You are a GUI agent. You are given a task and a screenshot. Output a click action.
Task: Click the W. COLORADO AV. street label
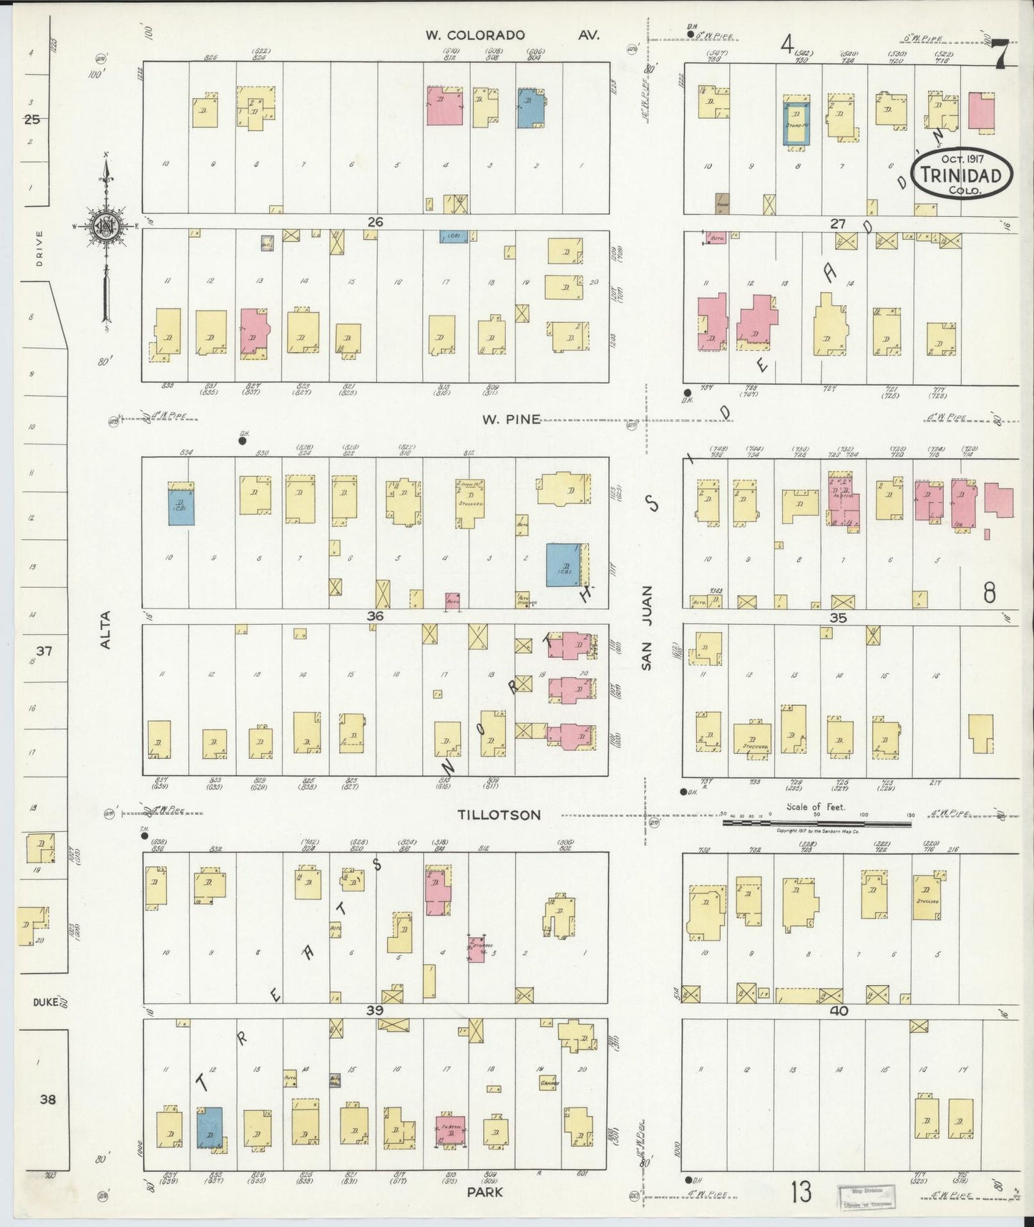[x=512, y=35]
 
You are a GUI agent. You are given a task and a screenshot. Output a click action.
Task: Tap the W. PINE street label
[x=510, y=419]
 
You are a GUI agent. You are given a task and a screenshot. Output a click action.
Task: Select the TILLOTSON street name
[x=499, y=815]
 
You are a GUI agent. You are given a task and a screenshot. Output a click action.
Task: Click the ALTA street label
[x=106, y=629]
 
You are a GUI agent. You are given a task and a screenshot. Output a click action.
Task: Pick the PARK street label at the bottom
[x=486, y=1192]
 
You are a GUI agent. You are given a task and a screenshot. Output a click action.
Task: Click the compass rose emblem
[x=106, y=225]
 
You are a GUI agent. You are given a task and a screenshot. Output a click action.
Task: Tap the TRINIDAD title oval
[x=967, y=174]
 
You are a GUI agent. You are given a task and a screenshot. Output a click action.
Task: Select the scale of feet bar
[x=816, y=823]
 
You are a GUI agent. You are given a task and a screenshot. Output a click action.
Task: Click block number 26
[x=375, y=222]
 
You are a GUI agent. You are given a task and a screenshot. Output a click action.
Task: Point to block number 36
[x=375, y=616]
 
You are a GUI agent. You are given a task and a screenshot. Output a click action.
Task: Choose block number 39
[x=375, y=1010]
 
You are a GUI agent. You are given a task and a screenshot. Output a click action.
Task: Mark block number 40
[x=839, y=1011]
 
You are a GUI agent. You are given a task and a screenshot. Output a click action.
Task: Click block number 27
[x=838, y=224]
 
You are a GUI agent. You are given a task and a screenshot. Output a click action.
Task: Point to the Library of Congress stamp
[x=866, y=1196]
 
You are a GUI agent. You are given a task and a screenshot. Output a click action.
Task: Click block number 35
[x=838, y=617]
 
